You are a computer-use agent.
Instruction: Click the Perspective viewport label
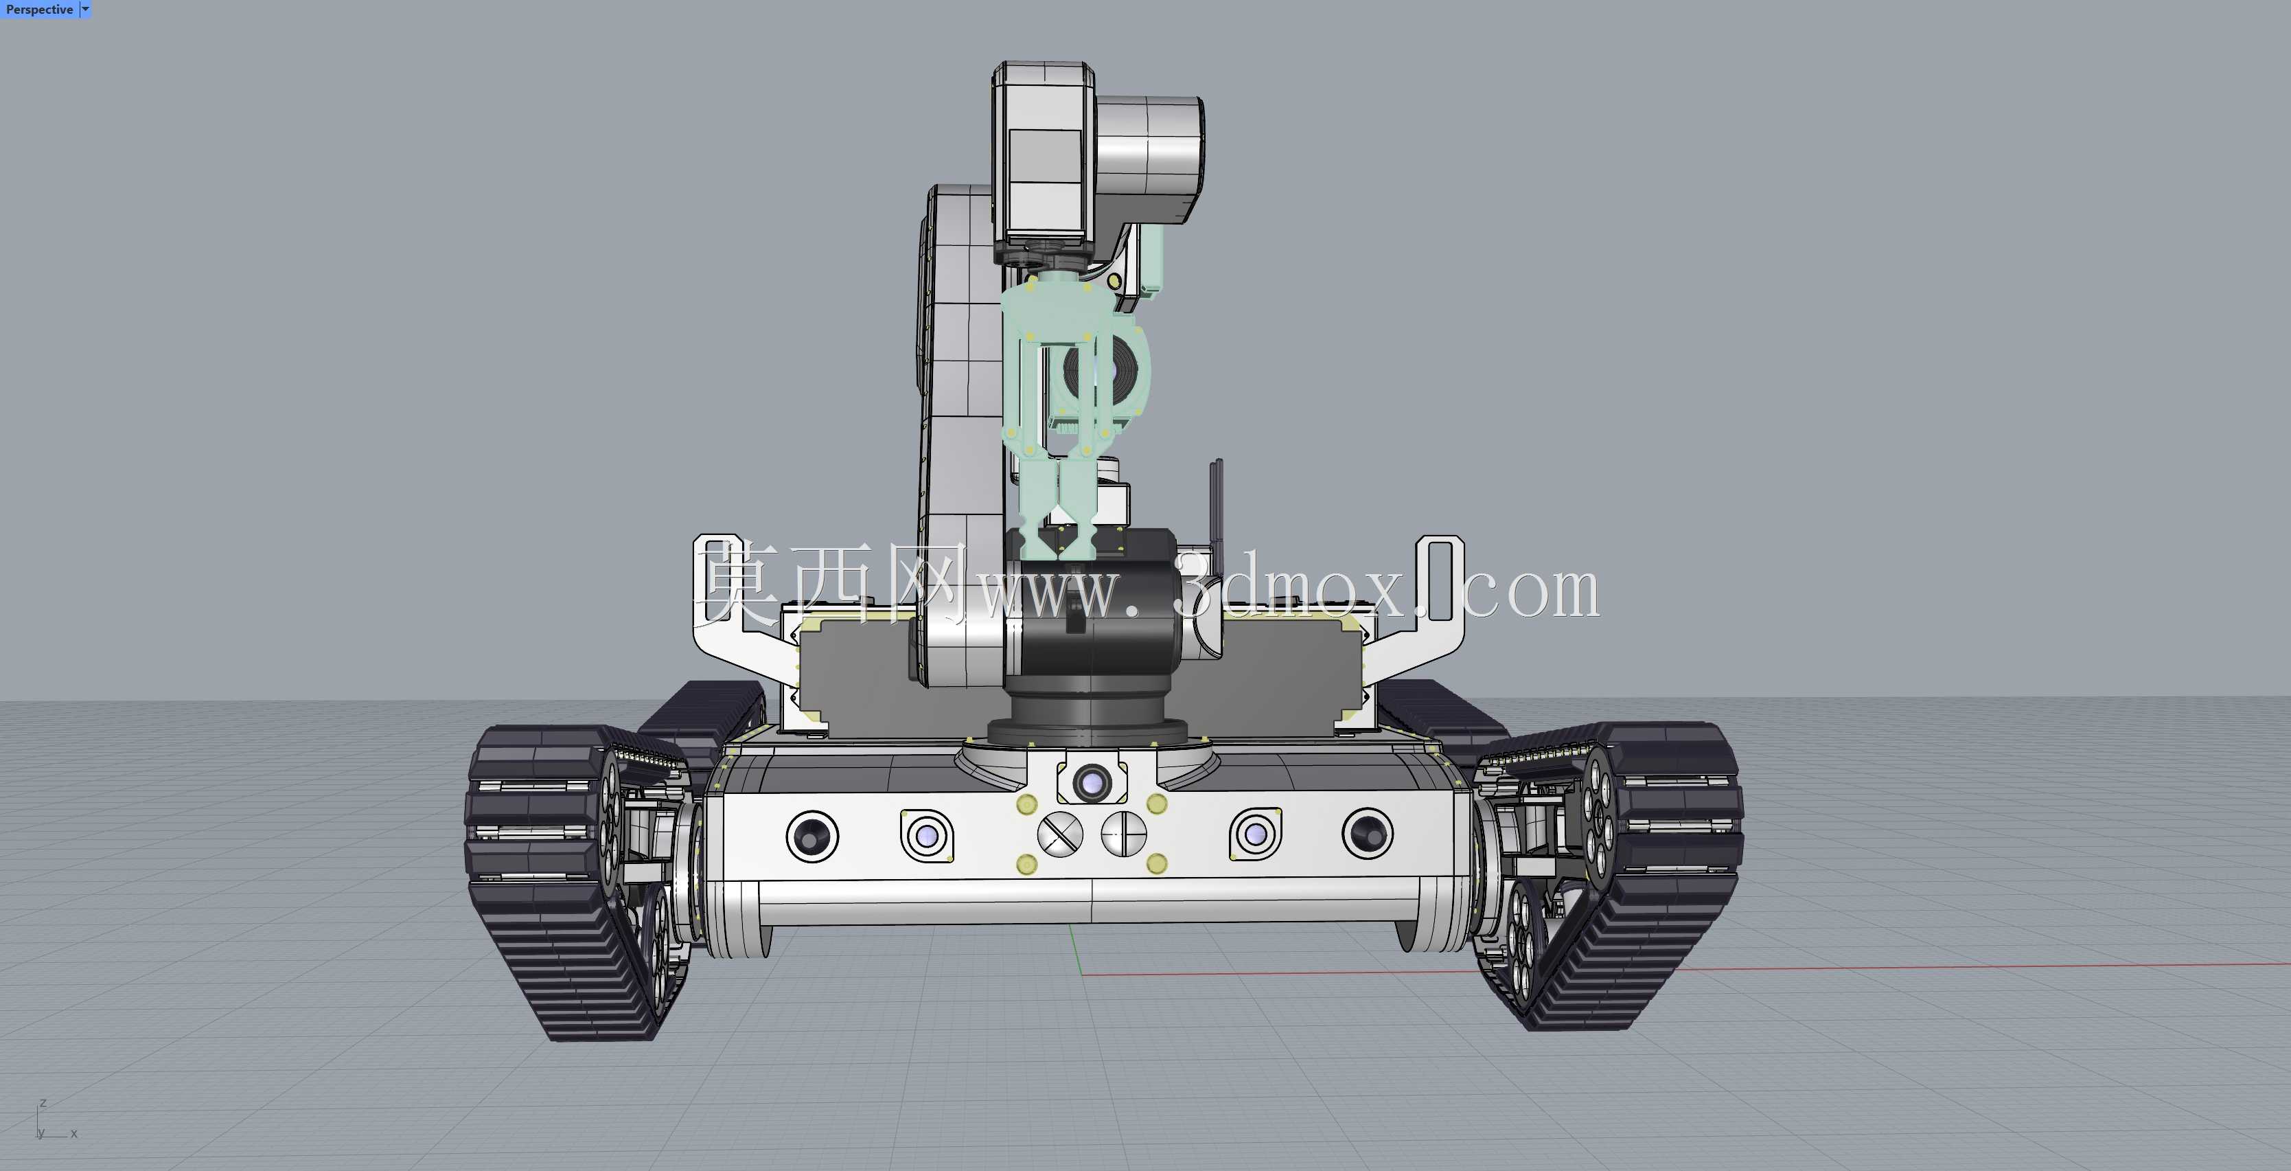[x=39, y=10]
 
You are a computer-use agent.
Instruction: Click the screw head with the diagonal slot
[x=1060, y=834]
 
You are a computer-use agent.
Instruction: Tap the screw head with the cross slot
[x=1124, y=834]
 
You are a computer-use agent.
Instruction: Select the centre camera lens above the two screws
[x=1091, y=783]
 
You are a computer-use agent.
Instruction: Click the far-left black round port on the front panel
[x=812, y=837]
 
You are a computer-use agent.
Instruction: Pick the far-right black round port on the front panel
[x=1368, y=834]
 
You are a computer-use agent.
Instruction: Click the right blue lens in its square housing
[x=1256, y=834]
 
